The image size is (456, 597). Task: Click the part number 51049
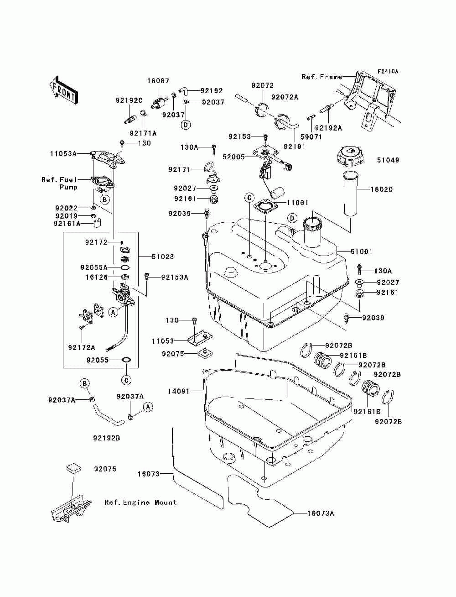(388, 160)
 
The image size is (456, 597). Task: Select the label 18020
(382, 189)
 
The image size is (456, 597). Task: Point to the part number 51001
(362, 251)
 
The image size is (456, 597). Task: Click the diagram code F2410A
(388, 72)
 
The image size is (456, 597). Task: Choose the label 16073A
(321, 513)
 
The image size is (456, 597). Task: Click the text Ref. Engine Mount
(140, 503)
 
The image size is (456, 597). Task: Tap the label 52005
(233, 157)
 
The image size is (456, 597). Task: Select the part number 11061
(297, 203)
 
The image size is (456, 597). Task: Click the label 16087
(158, 81)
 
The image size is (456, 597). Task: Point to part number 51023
(163, 257)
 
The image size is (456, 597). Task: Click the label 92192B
(107, 438)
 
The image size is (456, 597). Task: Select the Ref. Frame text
(321, 77)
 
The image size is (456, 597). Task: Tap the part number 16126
(96, 277)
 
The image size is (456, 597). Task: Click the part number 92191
(295, 147)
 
